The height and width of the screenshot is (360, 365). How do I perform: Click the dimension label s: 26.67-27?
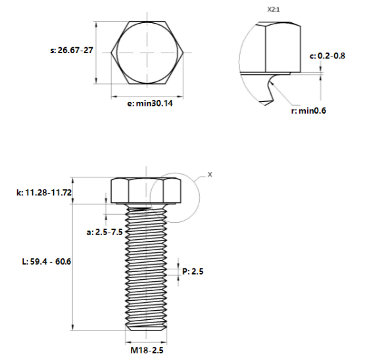(72, 50)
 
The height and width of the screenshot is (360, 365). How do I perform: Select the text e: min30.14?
(150, 103)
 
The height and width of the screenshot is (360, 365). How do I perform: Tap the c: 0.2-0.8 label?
(328, 56)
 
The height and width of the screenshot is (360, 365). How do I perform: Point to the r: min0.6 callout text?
(308, 111)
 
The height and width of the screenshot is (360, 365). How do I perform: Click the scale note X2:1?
(274, 10)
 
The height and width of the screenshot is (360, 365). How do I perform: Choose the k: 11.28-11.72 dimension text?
(44, 192)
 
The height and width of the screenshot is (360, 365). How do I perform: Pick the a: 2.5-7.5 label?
(105, 232)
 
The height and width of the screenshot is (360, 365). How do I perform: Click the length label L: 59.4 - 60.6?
(47, 261)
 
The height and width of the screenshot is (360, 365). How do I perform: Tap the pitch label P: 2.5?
(193, 271)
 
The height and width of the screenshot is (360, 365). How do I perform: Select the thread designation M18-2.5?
(147, 350)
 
